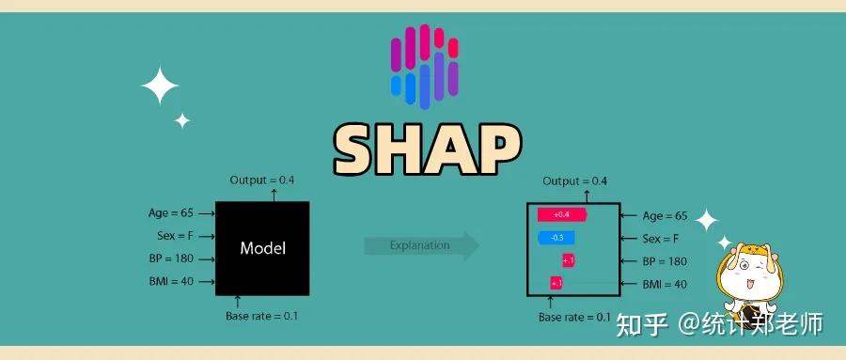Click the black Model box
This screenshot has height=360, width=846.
[x=262, y=248]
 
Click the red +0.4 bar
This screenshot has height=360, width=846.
[x=561, y=215]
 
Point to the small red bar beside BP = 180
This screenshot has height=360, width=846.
[x=569, y=260]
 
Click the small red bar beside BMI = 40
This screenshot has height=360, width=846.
[x=556, y=283]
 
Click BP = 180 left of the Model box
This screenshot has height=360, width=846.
[x=175, y=258]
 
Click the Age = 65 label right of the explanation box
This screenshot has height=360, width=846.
[x=665, y=215]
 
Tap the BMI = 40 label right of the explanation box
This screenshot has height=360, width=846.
[x=664, y=283]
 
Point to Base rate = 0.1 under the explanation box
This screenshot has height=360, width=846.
[x=574, y=317]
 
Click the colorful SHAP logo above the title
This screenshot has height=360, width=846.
[x=424, y=64]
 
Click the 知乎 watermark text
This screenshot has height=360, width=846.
[x=641, y=325]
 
